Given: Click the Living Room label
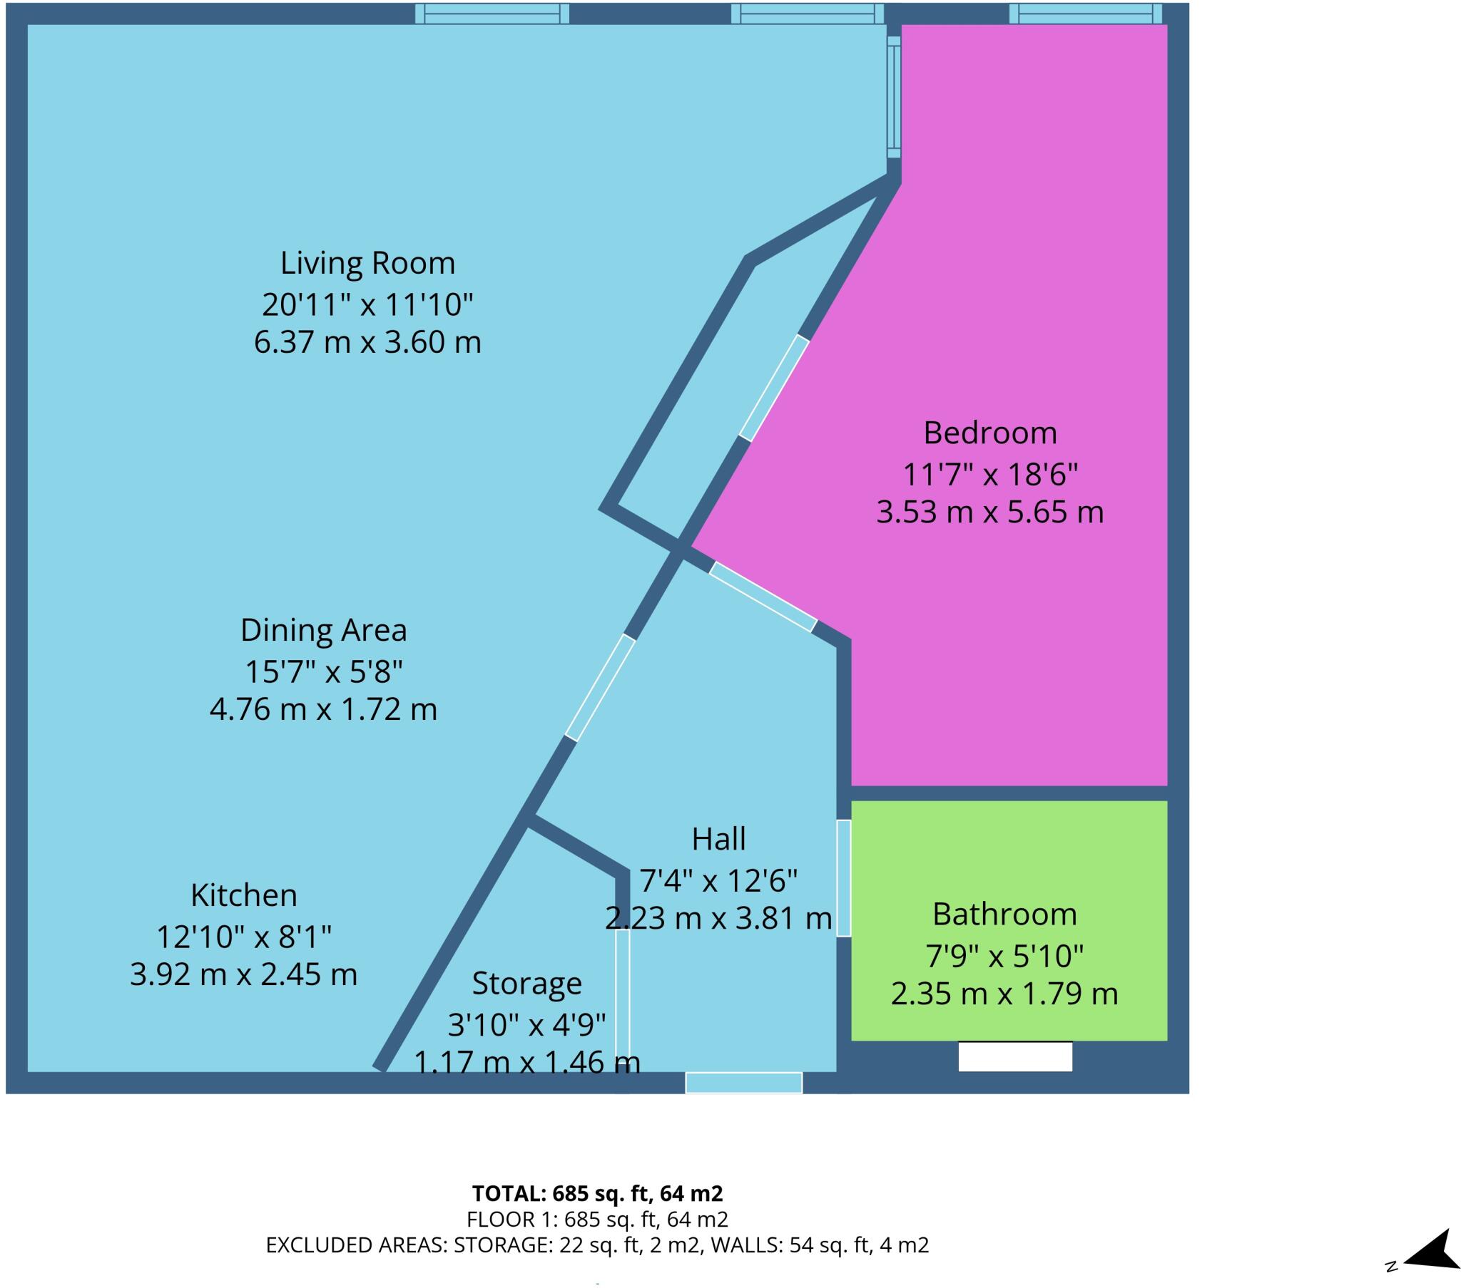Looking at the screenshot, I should point(367,264).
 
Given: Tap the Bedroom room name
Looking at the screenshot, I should point(990,433).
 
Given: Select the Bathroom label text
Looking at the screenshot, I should point(1004,915).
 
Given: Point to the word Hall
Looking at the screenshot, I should point(718,839).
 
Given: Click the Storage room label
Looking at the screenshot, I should point(526,984).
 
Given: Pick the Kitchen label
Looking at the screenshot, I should point(244,895).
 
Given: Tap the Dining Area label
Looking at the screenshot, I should point(323,630).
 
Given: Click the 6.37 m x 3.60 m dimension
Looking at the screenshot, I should point(367,342).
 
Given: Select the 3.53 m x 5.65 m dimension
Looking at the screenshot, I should point(990,512).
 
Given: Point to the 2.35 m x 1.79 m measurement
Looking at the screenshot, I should point(1004,994).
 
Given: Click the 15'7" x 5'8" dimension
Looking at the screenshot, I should point(323,671).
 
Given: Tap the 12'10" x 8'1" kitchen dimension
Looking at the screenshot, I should point(244,936).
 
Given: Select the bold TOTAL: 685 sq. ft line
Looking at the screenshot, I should point(598,1193).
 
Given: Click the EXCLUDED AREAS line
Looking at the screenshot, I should point(598,1245).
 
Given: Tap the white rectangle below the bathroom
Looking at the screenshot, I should point(1015,1056).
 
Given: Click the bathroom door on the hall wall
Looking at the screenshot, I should point(843,878).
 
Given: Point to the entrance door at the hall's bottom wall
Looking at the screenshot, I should point(743,1082).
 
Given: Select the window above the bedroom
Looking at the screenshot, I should point(1085,14).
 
